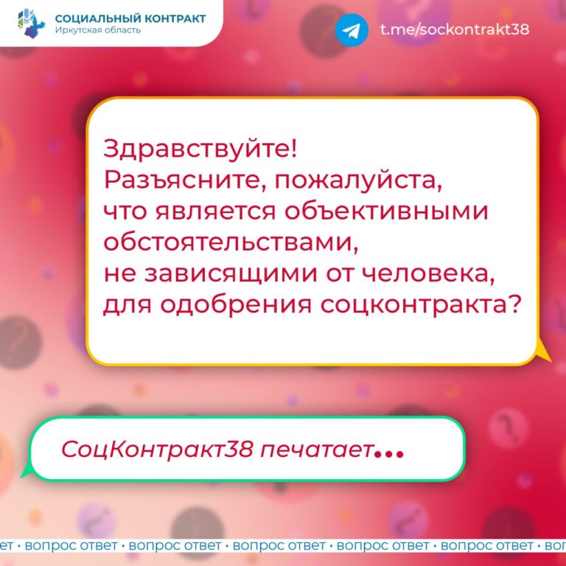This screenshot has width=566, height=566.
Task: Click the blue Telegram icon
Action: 352,30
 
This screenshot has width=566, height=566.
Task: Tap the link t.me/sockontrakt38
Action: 455,29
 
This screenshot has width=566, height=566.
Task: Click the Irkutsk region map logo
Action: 32,24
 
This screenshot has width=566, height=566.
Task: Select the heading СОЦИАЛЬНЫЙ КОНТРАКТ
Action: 130,18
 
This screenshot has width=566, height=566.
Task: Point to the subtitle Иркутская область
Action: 98,30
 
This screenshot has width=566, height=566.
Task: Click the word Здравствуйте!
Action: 200,150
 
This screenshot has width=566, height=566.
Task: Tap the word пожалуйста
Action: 358,181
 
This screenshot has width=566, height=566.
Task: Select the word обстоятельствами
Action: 231,242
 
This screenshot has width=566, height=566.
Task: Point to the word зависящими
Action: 231,275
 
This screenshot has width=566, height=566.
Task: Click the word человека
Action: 428,275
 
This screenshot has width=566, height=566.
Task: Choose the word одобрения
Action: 236,305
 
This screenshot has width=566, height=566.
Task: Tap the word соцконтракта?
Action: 421,306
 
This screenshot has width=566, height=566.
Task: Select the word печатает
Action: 316,450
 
